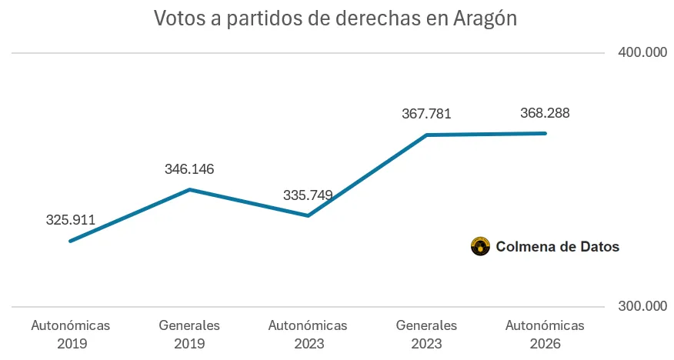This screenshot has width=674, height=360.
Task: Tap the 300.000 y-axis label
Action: click(x=642, y=306)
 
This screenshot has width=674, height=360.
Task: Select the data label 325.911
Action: click(x=71, y=220)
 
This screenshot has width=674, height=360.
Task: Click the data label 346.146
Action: click(x=189, y=169)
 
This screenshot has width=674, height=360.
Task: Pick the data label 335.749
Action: click(x=308, y=195)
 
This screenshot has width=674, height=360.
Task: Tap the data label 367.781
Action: click(x=426, y=114)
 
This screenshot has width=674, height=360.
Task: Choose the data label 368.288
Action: click(x=545, y=113)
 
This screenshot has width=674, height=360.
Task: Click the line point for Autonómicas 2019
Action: click(x=71, y=241)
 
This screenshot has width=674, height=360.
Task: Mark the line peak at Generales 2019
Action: click(x=189, y=189)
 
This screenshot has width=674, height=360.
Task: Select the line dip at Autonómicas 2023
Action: click(x=308, y=215)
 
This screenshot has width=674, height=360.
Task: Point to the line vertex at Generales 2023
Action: click(x=427, y=135)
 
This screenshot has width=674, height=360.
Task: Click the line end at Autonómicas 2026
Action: click(x=546, y=133)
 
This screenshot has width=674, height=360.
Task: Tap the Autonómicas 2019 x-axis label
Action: click(x=71, y=334)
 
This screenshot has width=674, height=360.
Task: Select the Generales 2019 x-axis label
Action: click(x=189, y=334)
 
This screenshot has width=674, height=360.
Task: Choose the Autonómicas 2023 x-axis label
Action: click(x=308, y=334)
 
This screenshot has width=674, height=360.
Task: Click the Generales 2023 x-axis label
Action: click(x=426, y=334)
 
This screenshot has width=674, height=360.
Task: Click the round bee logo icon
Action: click(x=480, y=246)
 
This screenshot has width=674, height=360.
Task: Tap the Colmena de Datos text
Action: click(x=557, y=247)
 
